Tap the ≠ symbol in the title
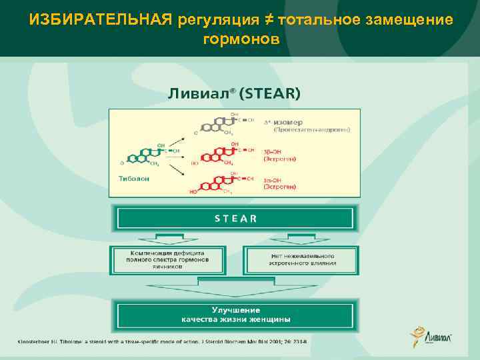(x=269, y=20)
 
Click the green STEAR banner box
(x=235, y=218)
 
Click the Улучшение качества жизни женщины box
(x=235, y=315)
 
